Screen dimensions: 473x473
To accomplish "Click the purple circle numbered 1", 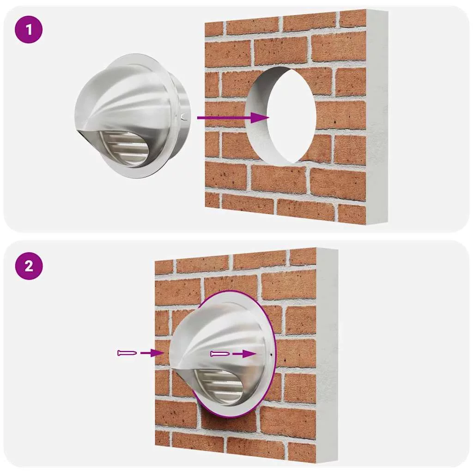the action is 29,30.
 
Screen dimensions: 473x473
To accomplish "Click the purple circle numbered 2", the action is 29,266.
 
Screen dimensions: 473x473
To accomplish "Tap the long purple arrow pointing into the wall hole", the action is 233,117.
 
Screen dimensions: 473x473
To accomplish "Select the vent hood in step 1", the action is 133,115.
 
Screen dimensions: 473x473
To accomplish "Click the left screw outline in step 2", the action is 127,352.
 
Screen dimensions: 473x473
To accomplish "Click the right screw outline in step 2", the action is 220,353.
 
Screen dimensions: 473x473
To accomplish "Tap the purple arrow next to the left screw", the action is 152,352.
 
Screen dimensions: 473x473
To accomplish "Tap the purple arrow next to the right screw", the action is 244,353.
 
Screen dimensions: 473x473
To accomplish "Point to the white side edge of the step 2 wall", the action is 327,356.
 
